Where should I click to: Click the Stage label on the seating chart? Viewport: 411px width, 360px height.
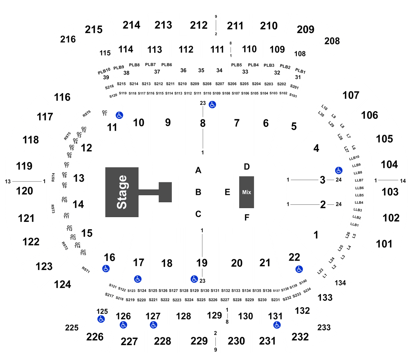coord(122,192)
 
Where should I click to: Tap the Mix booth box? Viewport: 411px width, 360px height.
coord(246,192)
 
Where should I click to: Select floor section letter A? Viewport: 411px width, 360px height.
coord(198,170)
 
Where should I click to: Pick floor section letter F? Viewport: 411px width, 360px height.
coord(247,218)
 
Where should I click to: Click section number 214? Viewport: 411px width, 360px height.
coord(131,25)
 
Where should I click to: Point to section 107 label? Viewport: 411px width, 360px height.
coord(351,95)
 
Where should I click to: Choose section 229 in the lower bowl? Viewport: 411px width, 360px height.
coord(199,341)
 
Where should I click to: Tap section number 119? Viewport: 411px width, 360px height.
coord(24,166)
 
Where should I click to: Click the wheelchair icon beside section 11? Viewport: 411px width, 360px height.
coord(119,115)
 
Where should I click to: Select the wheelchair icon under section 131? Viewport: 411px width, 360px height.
coord(277,325)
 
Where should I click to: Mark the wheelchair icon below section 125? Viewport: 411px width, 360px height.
coord(101,319)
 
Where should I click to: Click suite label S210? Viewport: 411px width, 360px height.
coord(182,84)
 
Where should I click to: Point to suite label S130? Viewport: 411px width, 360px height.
coord(205,291)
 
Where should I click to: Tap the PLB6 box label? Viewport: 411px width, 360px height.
coord(166,65)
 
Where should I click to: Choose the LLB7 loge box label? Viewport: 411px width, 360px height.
coord(359,180)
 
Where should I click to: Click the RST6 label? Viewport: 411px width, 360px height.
coord(87,114)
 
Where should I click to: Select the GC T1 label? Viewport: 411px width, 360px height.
coord(105,113)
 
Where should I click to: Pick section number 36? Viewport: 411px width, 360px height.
coord(183,70)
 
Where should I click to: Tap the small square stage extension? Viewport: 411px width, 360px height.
coord(165,192)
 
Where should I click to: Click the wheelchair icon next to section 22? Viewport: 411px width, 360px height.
coord(299,269)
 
